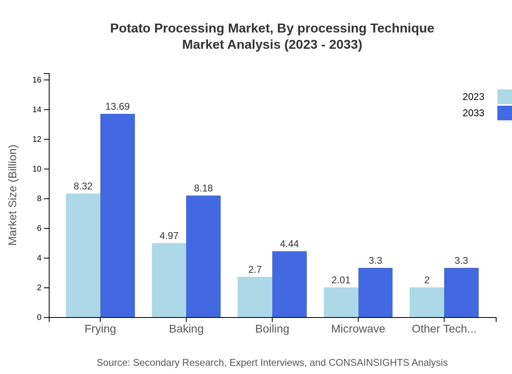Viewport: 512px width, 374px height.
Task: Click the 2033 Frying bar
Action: pyautogui.click(x=117, y=215)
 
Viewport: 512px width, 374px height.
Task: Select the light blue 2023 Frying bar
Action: pyautogui.click(x=83, y=255)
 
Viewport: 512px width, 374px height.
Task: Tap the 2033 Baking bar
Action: pyautogui.click(x=203, y=256)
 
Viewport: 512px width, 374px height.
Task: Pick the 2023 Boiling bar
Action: pyautogui.click(x=255, y=297)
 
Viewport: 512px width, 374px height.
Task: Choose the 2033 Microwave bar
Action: pyautogui.click(x=375, y=292)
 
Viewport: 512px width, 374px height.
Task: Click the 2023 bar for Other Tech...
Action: pyautogui.click(x=427, y=302)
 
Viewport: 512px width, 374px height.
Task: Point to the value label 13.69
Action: pyautogui.click(x=117, y=107)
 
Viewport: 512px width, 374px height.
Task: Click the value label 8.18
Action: pyautogui.click(x=203, y=188)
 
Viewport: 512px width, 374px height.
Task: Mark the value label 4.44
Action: pyautogui.click(x=289, y=244)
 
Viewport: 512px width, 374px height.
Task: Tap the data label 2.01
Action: pyautogui.click(x=341, y=280)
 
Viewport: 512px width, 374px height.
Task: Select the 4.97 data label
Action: pyautogui.click(x=169, y=236)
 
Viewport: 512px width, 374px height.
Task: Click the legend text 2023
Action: pyautogui.click(x=473, y=97)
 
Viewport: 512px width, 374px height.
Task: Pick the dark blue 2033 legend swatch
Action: pyautogui.click(x=504, y=113)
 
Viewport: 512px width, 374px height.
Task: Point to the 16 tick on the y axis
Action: pyautogui.click(x=37, y=80)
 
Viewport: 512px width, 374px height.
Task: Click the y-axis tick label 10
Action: pyautogui.click(x=37, y=169)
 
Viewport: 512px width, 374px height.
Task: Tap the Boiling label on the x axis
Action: pyautogui.click(x=272, y=329)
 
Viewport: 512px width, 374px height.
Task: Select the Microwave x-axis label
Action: pyautogui.click(x=358, y=329)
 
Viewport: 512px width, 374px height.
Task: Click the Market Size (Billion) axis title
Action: pyautogui.click(x=13, y=195)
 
